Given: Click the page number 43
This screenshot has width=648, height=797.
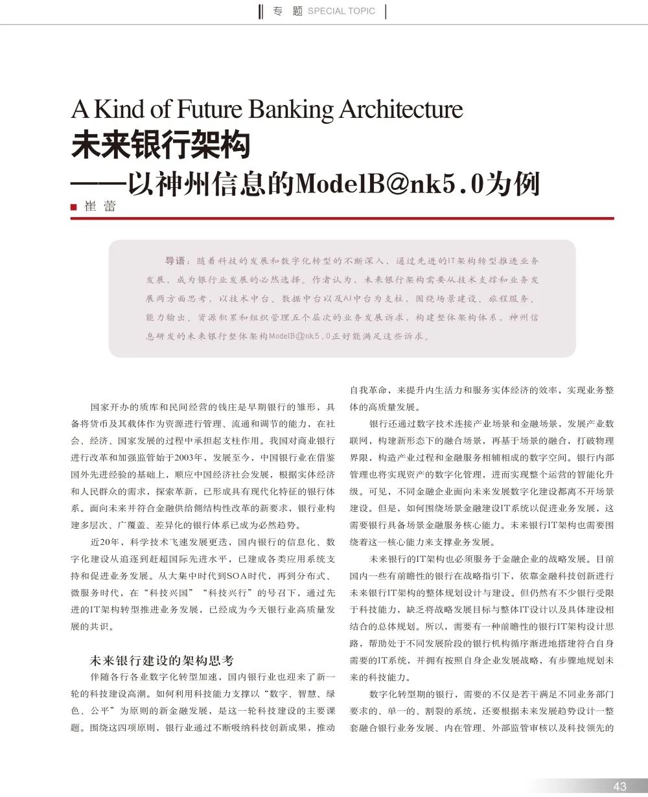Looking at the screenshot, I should point(620,786).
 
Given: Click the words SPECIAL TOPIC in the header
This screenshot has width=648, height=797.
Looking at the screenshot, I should point(341,11).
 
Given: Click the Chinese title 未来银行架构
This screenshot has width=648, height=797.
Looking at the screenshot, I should point(161,146).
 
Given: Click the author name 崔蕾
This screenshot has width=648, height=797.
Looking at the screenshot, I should point(100,207).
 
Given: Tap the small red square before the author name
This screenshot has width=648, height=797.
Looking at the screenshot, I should point(74,207).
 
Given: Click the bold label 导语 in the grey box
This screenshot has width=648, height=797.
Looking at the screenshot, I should point(176,261).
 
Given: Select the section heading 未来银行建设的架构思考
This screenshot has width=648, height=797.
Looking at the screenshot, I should point(161,661).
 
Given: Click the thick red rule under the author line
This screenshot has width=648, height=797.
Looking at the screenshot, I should point(342,218).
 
